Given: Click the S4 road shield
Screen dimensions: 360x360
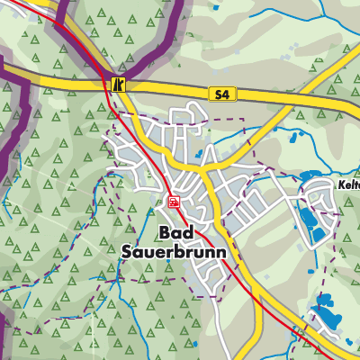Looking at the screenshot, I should pos(221,94).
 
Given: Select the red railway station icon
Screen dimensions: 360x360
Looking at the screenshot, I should pos(173,201).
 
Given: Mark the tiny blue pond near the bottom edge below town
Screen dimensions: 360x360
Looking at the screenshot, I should pos(194,343).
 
